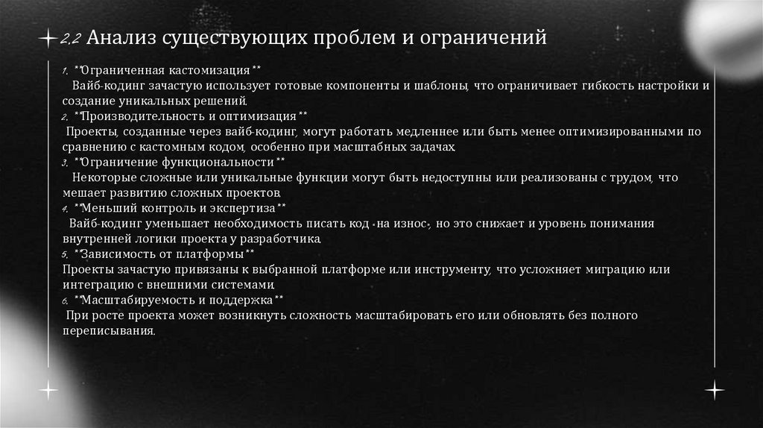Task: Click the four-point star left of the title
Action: tap(49, 37)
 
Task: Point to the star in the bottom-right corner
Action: tap(714, 389)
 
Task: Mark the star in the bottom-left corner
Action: tap(49, 389)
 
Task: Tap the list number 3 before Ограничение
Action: tap(65, 163)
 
